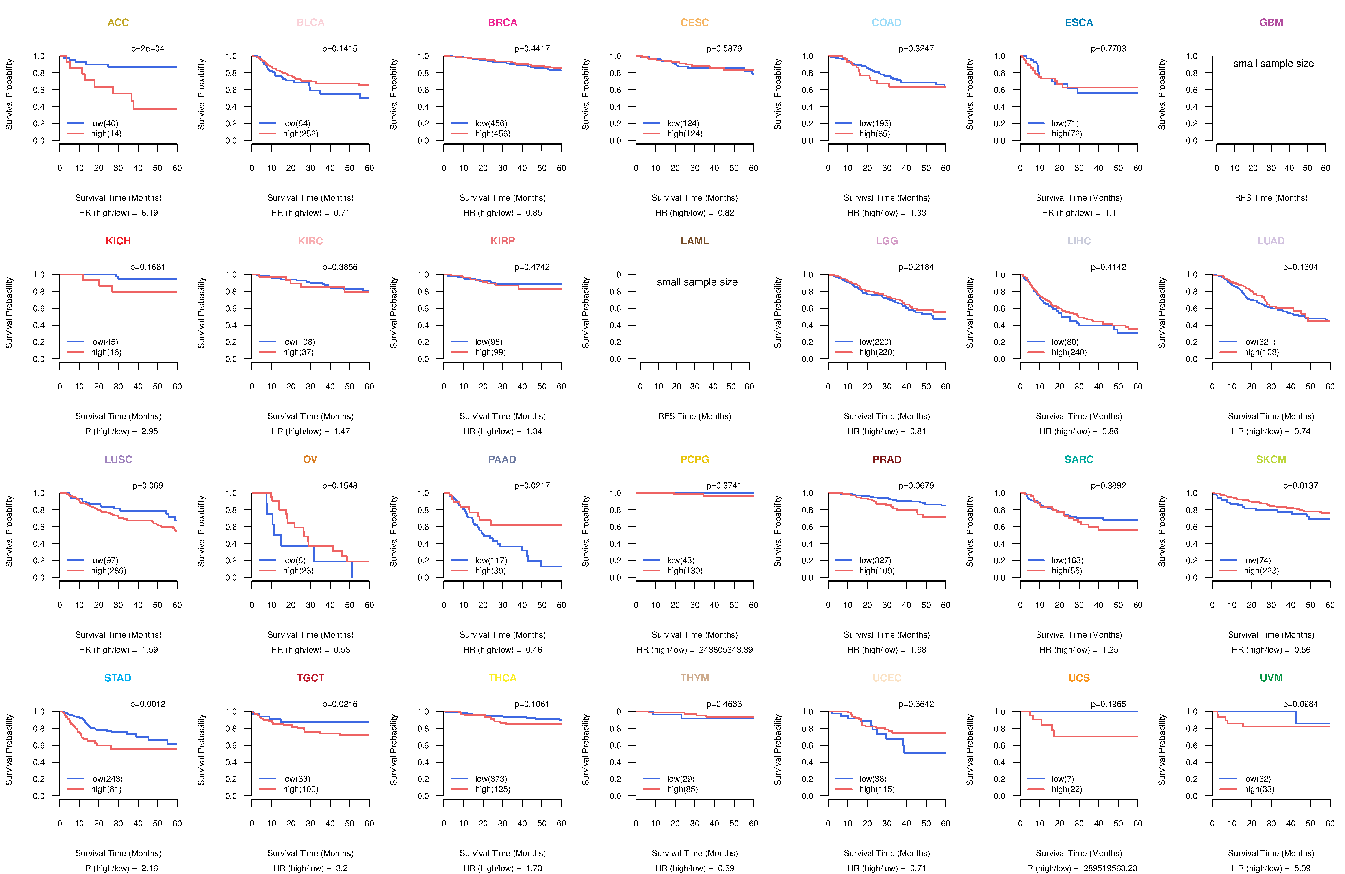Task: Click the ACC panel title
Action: [118, 23]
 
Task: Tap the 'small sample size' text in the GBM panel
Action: [1273, 63]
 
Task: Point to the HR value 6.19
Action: [150, 213]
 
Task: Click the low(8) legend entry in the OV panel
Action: [294, 560]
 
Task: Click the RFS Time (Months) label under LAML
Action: [694, 416]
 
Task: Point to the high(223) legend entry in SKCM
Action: [1261, 571]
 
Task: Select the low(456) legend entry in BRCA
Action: [490, 123]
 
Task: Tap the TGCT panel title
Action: [310, 678]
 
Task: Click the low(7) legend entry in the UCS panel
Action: [1062, 779]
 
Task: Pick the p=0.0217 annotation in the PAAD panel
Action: [532, 485]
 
